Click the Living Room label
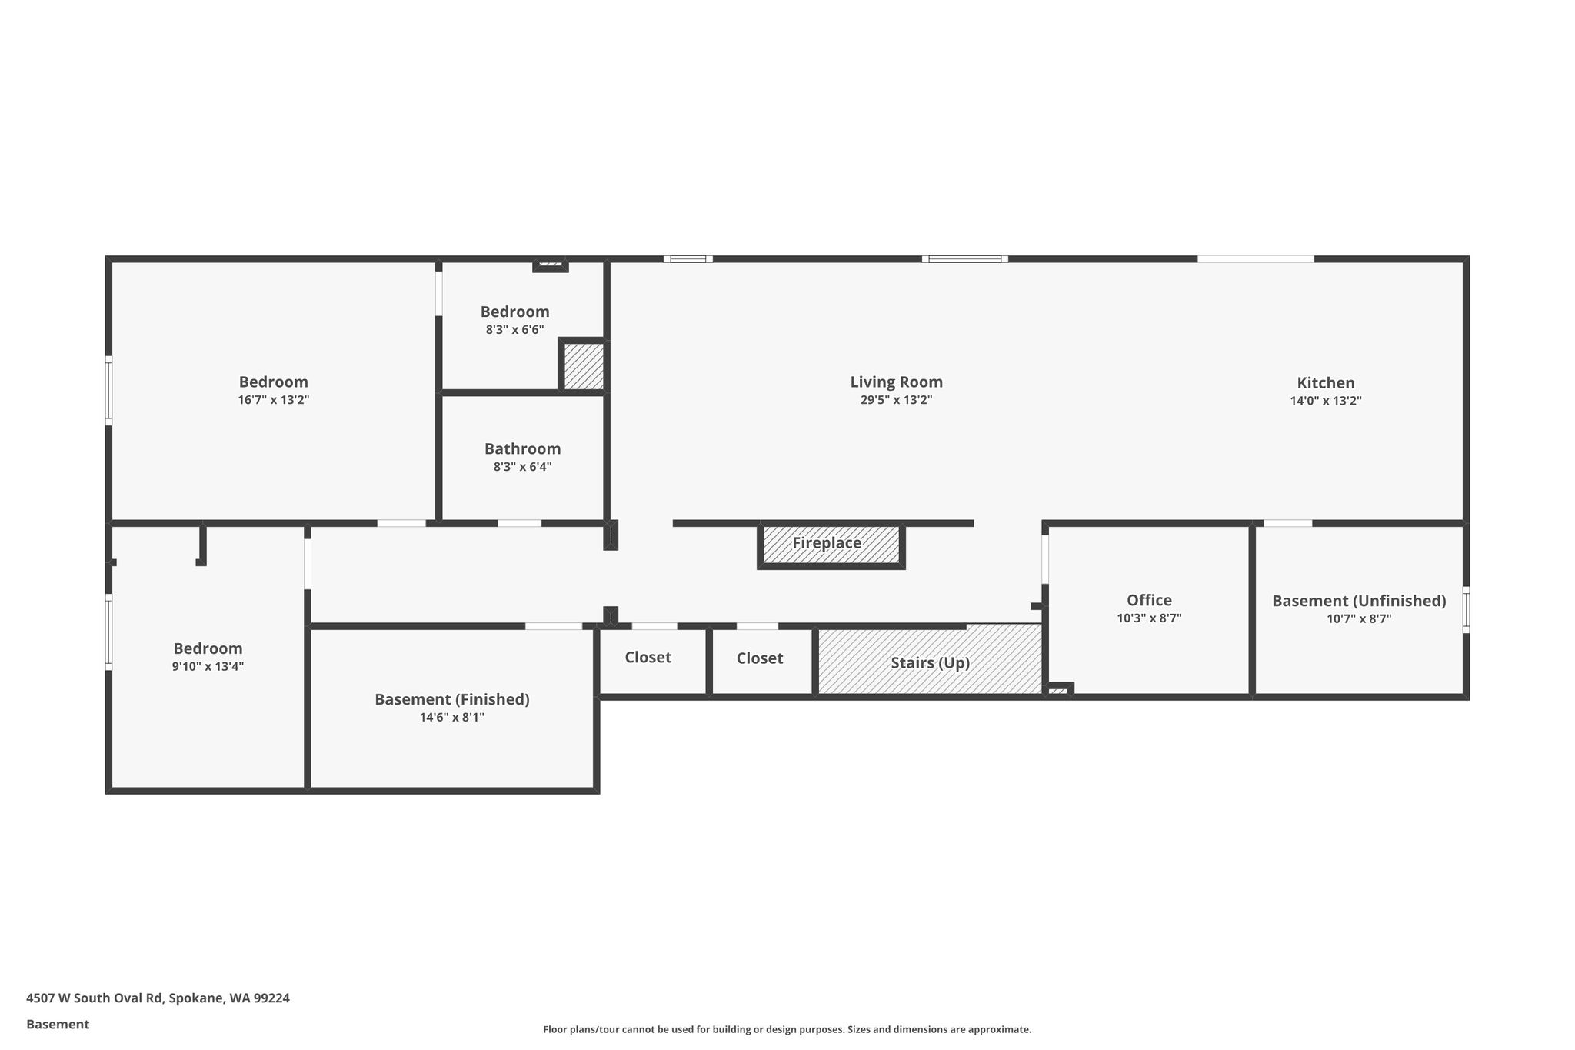point(896,382)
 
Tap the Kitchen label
point(1326,382)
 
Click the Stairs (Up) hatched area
point(930,659)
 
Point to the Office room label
point(1149,600)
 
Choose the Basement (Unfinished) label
point(1359,601)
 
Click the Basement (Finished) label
point(452,699)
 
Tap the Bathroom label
point(522,448)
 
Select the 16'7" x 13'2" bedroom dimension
point(273,400)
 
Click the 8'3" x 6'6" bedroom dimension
point(514,329)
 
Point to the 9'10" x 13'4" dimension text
point(208,666)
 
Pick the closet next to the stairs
point(759,658)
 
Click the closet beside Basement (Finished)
point(648,658)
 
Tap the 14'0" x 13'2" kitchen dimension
point(1326,401)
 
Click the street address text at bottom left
point(158,998)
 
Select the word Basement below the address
point(58,1024)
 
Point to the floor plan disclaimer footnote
point(787,1029)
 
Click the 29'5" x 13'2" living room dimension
point(896,400)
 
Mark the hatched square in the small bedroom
point(583,366)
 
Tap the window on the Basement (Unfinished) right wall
point(1466,610)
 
